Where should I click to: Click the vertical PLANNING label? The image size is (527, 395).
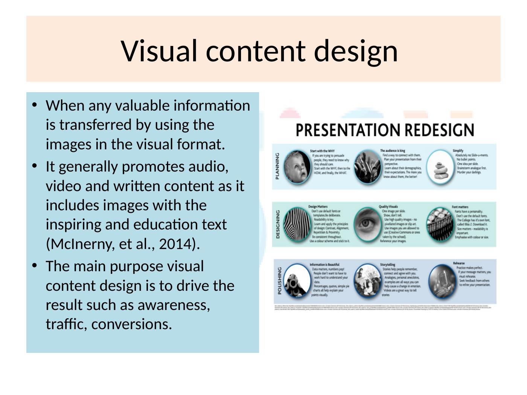pos(277,166)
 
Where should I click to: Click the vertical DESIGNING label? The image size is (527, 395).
pos(278,224)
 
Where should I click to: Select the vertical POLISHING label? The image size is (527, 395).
pos(279,281)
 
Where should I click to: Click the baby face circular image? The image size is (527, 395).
pos(297,167)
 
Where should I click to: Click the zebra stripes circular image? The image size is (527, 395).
pos(297,224)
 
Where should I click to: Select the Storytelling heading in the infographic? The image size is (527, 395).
pos(387,265)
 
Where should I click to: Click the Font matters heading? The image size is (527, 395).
pos(460,207)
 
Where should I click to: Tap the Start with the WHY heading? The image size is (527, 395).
pos(322,151)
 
